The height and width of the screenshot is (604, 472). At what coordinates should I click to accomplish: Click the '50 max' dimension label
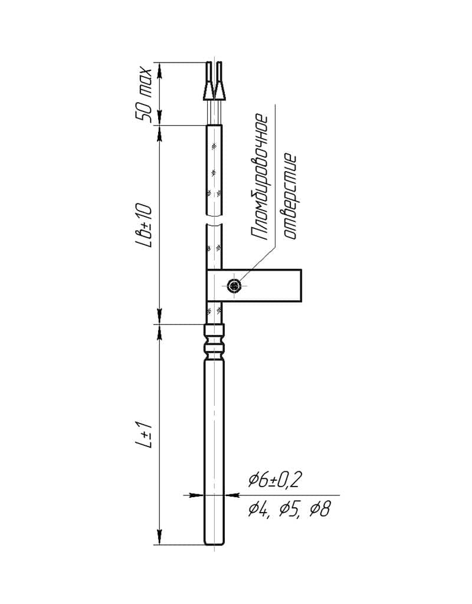143,95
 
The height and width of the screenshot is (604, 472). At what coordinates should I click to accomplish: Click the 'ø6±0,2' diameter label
274,480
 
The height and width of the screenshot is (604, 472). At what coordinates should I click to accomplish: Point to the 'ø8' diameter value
320,509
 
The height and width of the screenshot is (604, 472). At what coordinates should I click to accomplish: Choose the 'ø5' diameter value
289,510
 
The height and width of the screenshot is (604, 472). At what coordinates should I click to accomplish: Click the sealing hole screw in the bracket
234,286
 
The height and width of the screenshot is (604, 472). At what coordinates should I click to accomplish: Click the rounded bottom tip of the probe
214,543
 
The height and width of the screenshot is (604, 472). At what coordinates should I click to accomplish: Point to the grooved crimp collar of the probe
214,342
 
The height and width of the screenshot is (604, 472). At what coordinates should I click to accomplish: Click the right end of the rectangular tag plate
301,285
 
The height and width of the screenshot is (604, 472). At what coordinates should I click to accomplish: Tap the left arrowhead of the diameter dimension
198,494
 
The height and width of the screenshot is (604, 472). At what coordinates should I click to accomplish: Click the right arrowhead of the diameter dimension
230,494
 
